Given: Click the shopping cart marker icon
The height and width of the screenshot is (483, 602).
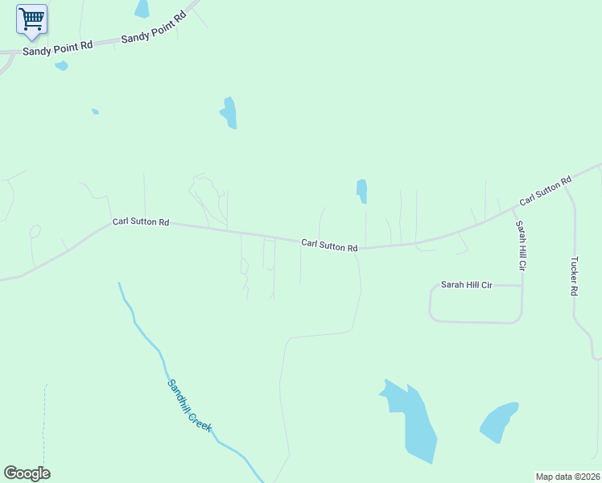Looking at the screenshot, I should click(x=31, y=19).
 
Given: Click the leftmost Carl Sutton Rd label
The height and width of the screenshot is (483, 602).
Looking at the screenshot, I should click(x=141, y=221).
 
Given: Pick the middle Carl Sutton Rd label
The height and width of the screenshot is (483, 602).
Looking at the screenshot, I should click(x=329, y=245).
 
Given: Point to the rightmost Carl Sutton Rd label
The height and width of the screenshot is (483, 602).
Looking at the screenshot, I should click(x=545, y=190).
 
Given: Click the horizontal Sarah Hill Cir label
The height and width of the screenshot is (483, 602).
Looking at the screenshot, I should click(x=466, y=285).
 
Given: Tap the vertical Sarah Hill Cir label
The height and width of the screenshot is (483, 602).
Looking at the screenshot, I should click(x=522, y=245).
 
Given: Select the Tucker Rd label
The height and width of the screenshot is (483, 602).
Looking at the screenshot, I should click(x=574, y=276).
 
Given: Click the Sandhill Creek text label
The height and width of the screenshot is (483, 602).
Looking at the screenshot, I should click(x=188, y=406).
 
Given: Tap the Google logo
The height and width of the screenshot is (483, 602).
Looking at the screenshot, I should click(x=27, y=473).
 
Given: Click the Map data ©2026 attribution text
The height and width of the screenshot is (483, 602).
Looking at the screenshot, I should click(x=567, y=477).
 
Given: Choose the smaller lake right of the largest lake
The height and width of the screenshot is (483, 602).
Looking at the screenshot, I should click(x=498, y=421).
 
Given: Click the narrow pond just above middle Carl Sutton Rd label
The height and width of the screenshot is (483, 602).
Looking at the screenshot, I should click(x=362, y=191).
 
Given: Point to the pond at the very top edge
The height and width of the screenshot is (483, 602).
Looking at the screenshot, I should click(x=142, y=8).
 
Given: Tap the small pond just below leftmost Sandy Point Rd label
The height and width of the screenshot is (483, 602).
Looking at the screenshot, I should click(x=61, y=66).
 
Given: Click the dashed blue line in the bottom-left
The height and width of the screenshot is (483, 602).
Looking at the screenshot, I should click(x=44, y=427).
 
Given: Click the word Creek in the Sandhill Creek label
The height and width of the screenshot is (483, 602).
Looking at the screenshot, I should click(x=200, y=419).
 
